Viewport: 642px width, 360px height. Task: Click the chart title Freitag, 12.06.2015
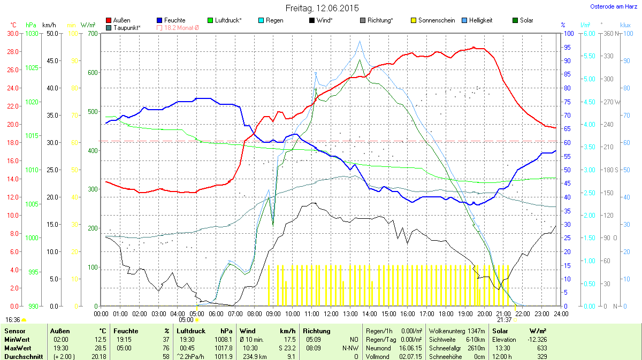coord(321,8)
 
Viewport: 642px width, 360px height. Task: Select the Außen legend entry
coord(121,20)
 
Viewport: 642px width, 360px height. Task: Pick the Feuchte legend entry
coord(175,20)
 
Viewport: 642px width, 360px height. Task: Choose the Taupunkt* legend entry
coord(127,27)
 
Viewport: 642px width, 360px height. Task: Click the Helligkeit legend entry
coord(480,20)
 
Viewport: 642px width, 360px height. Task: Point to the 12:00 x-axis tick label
coord(331,313)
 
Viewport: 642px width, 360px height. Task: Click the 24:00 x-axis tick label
coord(560,313)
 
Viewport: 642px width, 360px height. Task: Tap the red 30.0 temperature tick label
coord(12,33)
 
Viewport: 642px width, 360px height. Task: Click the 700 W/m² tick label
coord(93,33)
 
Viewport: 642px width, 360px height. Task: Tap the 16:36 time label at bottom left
coord(13,319)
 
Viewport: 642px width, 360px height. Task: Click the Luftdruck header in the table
coord(190,331)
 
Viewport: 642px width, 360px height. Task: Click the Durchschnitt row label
coord(22,356)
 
